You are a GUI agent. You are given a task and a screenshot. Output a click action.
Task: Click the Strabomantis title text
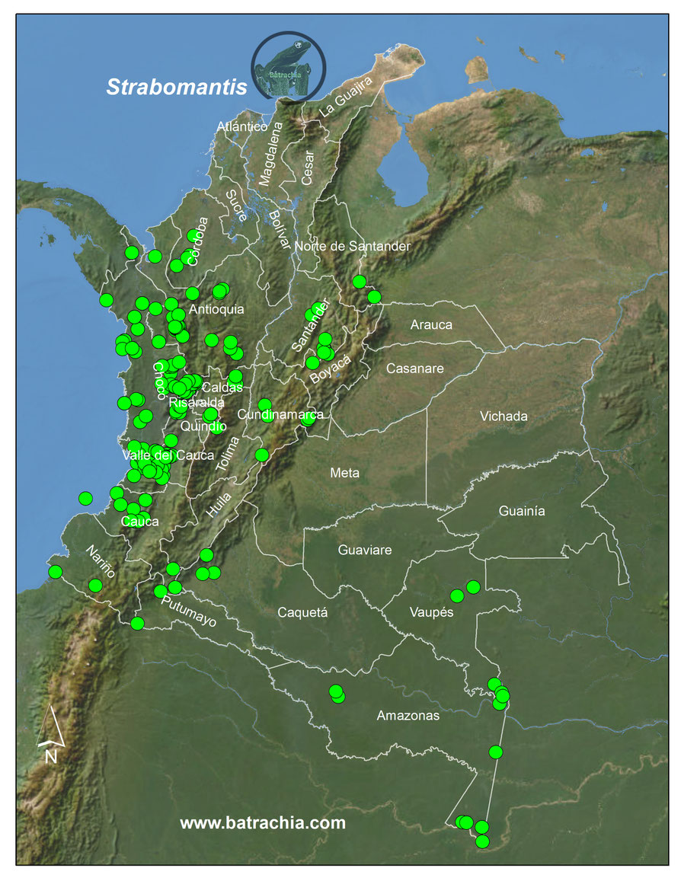[177, 87]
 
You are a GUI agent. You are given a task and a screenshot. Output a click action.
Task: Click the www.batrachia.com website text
[263, 823]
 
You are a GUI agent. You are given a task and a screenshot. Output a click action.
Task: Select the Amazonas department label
[408, 716]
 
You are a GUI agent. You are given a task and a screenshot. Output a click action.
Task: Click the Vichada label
[504, 417]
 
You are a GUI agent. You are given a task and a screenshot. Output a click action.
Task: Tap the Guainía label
[522, 511]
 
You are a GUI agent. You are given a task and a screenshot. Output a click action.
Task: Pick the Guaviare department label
[364, 549]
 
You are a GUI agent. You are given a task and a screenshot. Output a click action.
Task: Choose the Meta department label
[344, 473]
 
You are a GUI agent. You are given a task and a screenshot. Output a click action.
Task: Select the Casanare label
[414, 369]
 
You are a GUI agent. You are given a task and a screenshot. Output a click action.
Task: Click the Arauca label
[431, 324]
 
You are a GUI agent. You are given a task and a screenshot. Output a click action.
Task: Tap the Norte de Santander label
[353, 246]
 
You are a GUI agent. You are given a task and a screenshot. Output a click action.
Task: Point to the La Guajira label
[346, 97]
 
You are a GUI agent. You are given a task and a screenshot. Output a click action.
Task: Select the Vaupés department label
[431, 611]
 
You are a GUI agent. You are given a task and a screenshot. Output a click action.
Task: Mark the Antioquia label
[216, 309]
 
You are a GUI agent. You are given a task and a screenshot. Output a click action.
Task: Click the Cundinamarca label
[280, 414]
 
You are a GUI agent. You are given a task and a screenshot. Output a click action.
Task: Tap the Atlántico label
[241, 126]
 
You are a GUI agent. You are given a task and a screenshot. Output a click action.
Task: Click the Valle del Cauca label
[168, 455]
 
